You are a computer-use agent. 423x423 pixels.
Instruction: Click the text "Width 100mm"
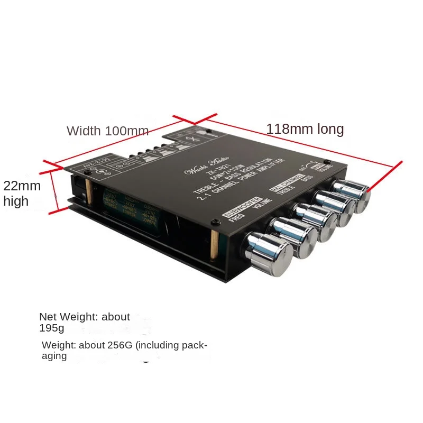click(107, 131)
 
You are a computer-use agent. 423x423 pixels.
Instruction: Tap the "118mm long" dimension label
click(305, 129)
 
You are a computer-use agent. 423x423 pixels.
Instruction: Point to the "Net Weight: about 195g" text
click(84, 322)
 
